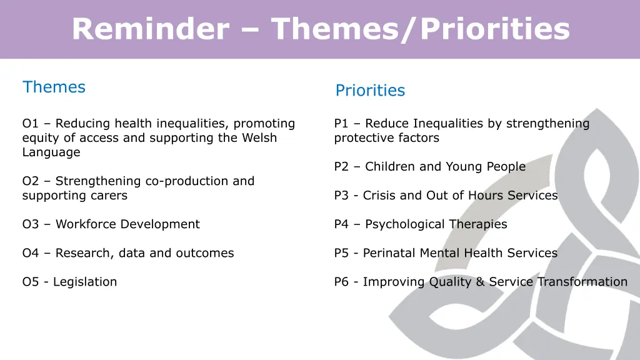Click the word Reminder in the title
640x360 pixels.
149,29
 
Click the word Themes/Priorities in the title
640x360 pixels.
420,29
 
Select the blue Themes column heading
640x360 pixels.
54,87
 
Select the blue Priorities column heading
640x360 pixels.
370,91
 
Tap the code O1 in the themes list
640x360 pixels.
31,124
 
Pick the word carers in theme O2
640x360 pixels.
109,196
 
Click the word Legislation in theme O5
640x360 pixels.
85,282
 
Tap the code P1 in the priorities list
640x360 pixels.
342,124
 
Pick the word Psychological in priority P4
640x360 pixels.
404,224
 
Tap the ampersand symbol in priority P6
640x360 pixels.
480,282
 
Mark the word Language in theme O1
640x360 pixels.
51,152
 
